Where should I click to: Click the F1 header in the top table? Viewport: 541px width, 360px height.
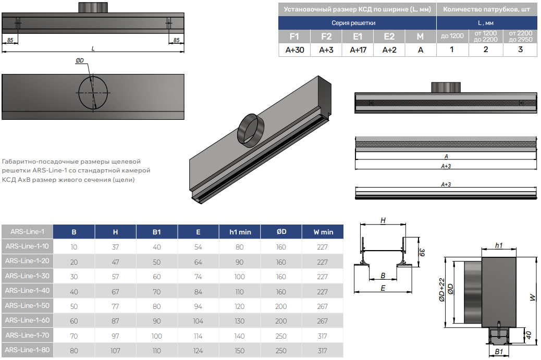tap(294, 36)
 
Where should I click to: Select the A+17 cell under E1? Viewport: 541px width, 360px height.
tap(358, 50)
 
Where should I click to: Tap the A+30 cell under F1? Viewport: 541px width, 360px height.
tap(294, 50)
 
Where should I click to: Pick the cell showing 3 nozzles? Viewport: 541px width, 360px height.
tap(520, 49)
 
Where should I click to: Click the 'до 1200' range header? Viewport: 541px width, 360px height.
tap(452, 36)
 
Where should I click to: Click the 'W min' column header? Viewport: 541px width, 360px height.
tap(323, 232)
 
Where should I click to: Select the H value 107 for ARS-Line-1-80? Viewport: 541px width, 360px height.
tap(115, 351)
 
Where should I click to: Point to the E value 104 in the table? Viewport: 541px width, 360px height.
tap(198, 321)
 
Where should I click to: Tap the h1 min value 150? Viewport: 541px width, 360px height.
tap(239, 351)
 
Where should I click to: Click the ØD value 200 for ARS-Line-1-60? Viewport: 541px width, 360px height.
tap(281, 321)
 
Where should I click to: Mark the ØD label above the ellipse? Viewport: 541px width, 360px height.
tap(80, 61)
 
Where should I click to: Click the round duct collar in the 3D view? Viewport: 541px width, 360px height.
tap(253, 128)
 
